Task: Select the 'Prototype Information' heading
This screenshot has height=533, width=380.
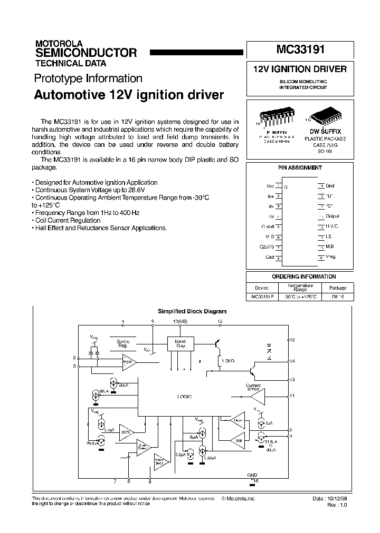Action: pyautogui.click(x=88, y=78)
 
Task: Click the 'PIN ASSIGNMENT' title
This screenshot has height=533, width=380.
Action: pyautogui.click(x=300, y=167)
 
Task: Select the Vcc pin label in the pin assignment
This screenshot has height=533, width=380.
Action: pyautogui.click(x=271, y=186)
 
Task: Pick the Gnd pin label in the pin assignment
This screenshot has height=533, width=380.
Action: pyautogui.click(x=330, y=186)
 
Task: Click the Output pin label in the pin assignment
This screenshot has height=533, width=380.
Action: pyautogui.click(x=332, y=216)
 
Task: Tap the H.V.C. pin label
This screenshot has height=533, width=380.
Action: pyautogui.click(x=332, y=226)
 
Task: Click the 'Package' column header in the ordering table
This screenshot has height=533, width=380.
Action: pyautogui.click(x=338, y=288)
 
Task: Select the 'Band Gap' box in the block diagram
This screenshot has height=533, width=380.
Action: pyautogui.click(x=180, y=343)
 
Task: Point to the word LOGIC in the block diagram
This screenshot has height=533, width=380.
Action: pyautogui.click(x=184, y=396)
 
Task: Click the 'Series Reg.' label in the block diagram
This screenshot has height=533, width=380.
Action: pyautogui.click(x=123, y=344)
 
